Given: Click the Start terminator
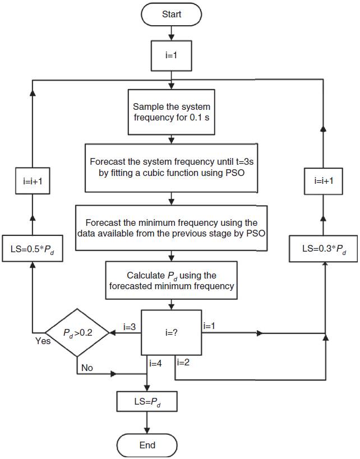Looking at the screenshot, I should (172, 15).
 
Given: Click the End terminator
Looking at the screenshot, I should (146, 446).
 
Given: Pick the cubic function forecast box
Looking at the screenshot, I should (171, 166).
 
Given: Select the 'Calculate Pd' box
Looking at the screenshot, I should (171, 279).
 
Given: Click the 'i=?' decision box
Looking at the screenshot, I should (171, 332).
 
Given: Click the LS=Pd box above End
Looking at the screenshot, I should (146, 401).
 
